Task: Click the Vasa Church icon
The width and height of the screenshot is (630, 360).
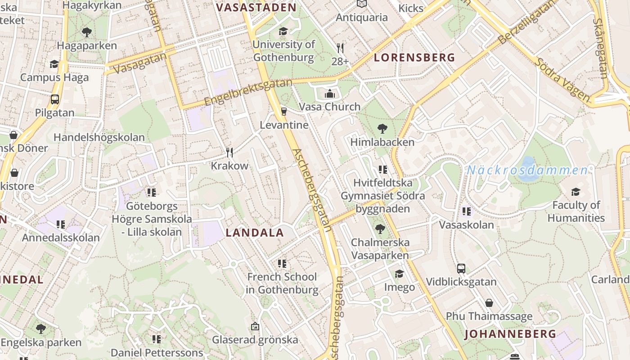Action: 330,94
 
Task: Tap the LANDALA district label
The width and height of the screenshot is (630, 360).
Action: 255,233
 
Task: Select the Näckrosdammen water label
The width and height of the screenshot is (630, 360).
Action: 527,170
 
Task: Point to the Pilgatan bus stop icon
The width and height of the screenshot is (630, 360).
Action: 55,99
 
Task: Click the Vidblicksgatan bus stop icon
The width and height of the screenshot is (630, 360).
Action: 461,269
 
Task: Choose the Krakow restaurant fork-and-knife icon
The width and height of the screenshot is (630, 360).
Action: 229,153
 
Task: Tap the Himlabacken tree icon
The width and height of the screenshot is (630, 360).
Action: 382,129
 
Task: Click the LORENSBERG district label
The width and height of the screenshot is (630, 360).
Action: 414,58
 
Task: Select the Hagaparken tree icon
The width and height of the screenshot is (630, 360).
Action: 87,32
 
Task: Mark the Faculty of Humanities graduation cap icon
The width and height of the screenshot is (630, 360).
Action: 576,192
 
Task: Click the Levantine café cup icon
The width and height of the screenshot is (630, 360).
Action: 283,111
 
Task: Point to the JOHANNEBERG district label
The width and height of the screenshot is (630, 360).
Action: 510,334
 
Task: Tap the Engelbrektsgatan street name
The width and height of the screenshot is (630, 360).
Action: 248,92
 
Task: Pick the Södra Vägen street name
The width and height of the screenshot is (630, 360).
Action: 562,79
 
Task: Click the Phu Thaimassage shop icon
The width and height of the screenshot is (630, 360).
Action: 489,303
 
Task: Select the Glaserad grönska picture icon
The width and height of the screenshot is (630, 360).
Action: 255,326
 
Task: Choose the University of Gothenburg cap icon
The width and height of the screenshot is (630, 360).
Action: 283,31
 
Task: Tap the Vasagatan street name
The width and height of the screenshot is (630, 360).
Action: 140,63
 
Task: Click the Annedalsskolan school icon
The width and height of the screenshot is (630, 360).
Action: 61,224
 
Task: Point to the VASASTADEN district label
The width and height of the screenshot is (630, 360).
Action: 256,8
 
